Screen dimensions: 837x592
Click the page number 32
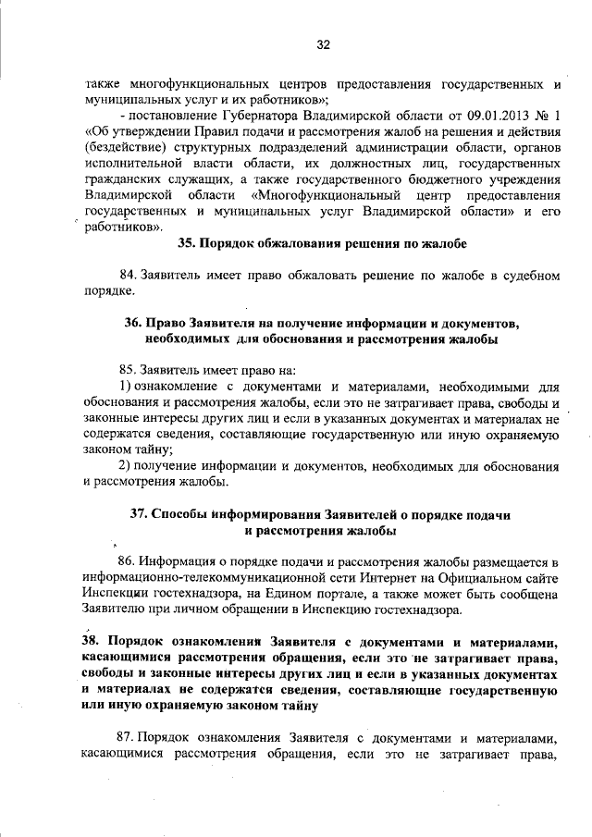(324, 44)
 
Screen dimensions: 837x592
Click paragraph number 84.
(129, 277)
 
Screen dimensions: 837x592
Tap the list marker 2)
(127, 465)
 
